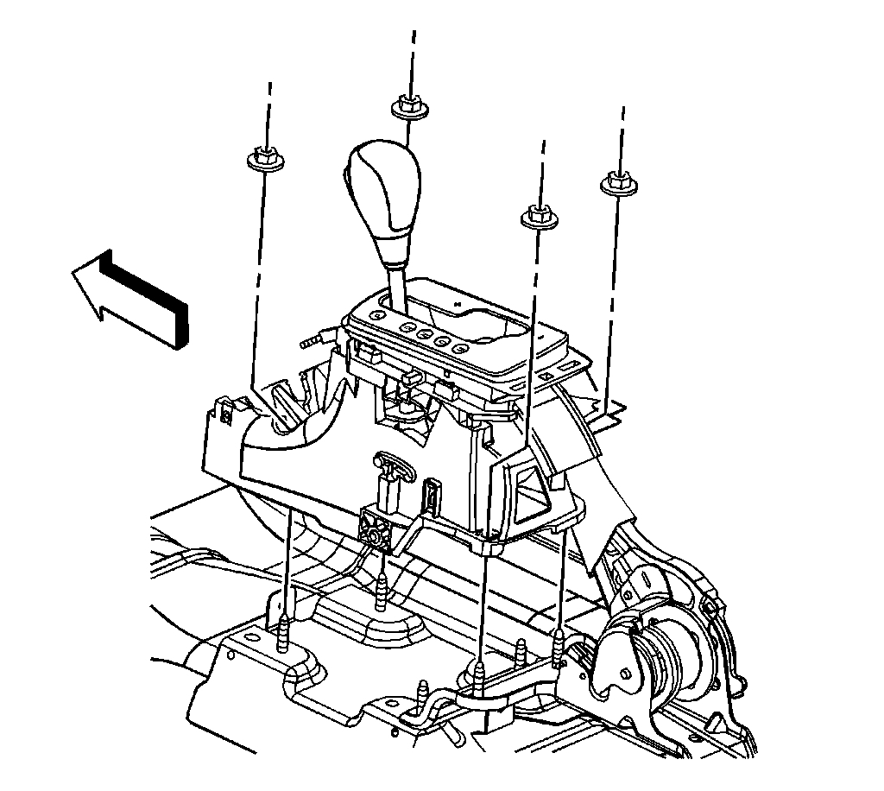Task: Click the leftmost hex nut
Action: [262, 158]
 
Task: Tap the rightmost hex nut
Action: [614, 182]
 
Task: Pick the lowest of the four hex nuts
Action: [538, 216]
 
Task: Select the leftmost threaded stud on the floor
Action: [285, 636]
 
